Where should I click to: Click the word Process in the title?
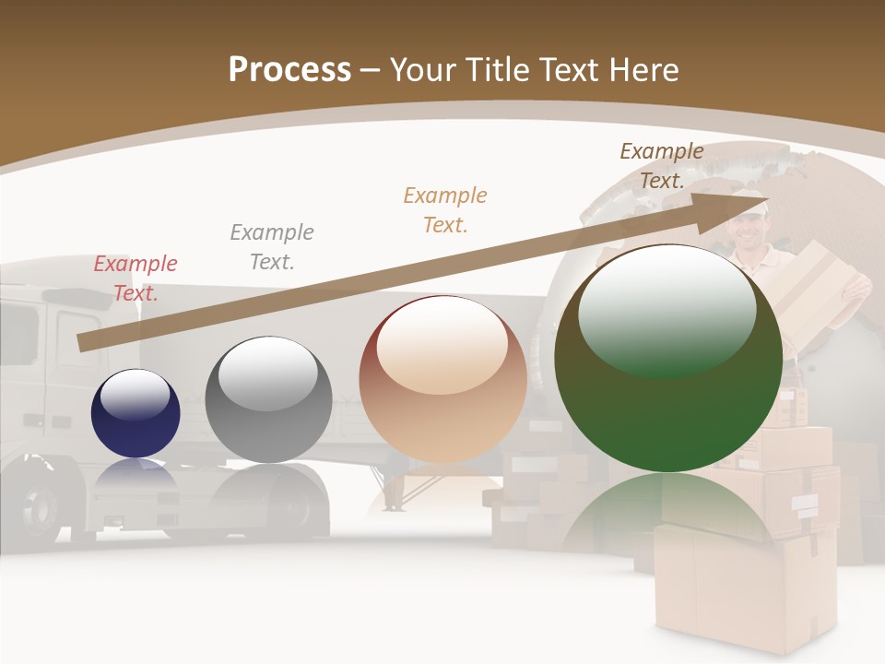pos(289,70)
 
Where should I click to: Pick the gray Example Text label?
pos(272,247)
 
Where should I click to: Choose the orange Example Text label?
pos(445,209)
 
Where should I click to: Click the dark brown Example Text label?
pos(661,166)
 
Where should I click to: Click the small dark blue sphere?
pos(136,413)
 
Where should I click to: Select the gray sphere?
pos(268,399)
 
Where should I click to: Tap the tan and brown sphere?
pos(442,378)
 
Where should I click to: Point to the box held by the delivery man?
pos(811,286)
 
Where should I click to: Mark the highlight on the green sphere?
pos(667,309)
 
